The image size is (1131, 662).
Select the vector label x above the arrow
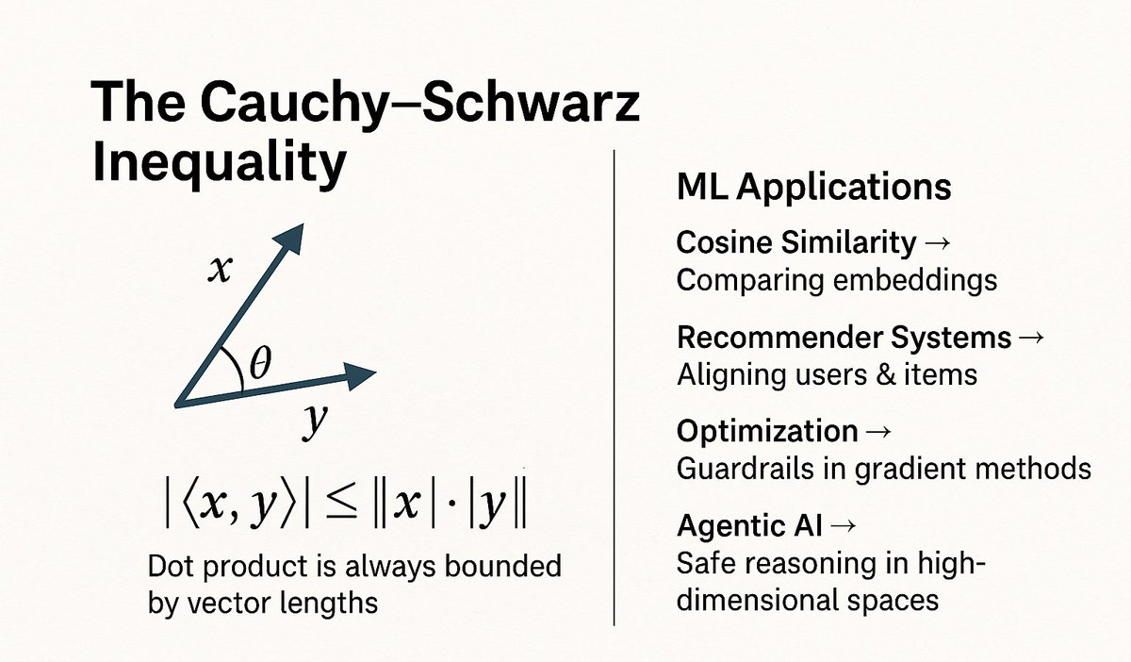(219, 272)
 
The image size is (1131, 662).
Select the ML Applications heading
(813, 187)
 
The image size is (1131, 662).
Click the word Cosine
(727, 242)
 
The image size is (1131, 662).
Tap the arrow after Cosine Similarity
(937, 243)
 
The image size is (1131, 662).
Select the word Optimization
(766, 431)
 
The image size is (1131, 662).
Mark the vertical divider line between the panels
(615, 387)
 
